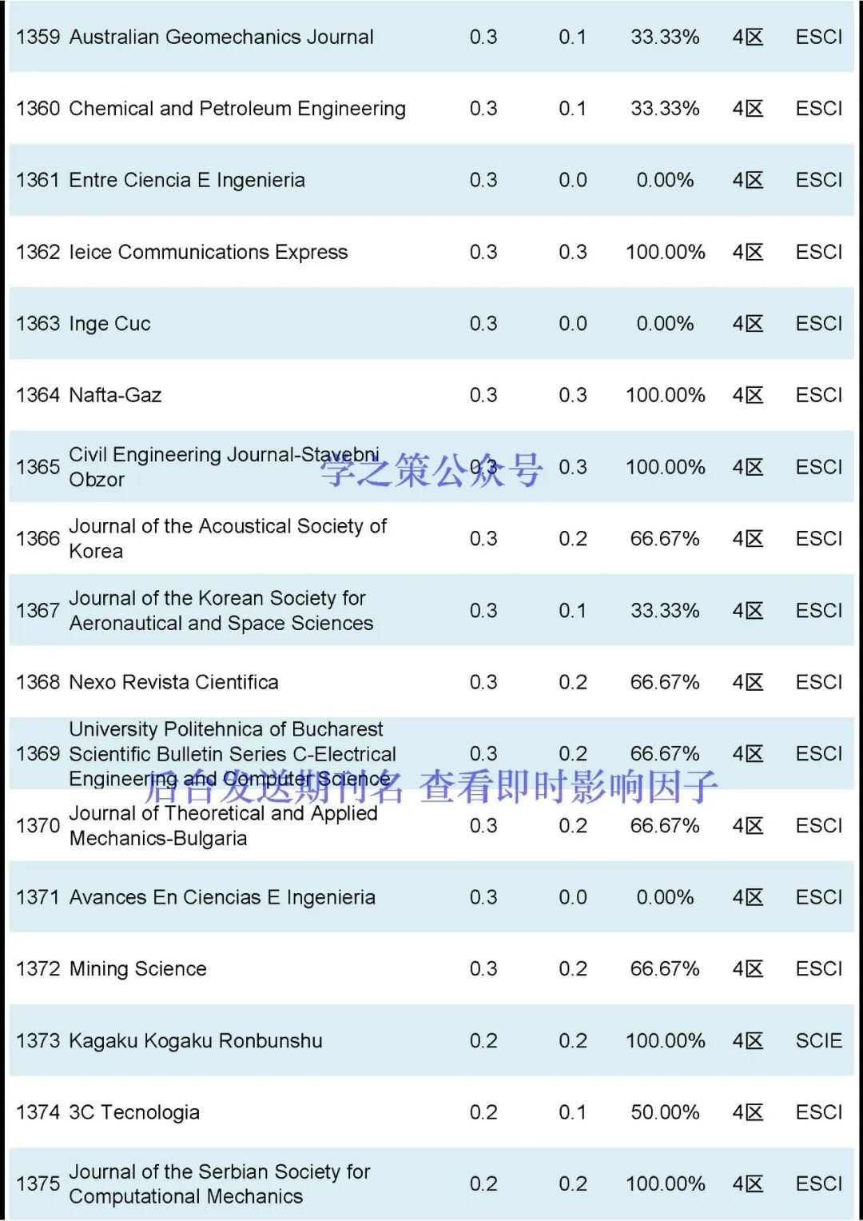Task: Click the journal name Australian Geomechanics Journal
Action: (x=221, y=37)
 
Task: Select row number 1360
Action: (x=38, y=109)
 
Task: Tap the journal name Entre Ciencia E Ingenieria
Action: (x=187, y=181)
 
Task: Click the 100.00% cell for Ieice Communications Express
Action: (x=665, y=253)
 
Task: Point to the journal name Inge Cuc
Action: (x=109, y=324)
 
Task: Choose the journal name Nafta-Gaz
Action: (x=115, y=395)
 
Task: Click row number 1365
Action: (x=38, y=467)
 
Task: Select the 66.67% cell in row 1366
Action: (x=665, y=539)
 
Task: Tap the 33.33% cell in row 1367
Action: (x=665, y=611)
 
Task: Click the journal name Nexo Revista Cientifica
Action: (x=173, y=682)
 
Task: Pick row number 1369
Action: (x=38, y=754)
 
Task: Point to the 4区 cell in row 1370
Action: (x=748, y=826)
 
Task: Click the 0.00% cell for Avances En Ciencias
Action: (x=665, y=897)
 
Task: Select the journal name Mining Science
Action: (x=137, y=969)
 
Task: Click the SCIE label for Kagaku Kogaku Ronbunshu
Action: (x=819, y=1041)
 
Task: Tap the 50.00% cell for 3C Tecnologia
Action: (x=665, y=1112)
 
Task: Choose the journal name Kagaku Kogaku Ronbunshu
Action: (x=196, y=1041)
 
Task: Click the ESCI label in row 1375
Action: (x=819, y=1184)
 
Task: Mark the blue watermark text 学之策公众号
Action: (x=432, y=469)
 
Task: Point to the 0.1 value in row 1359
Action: (x=572, y=37)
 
